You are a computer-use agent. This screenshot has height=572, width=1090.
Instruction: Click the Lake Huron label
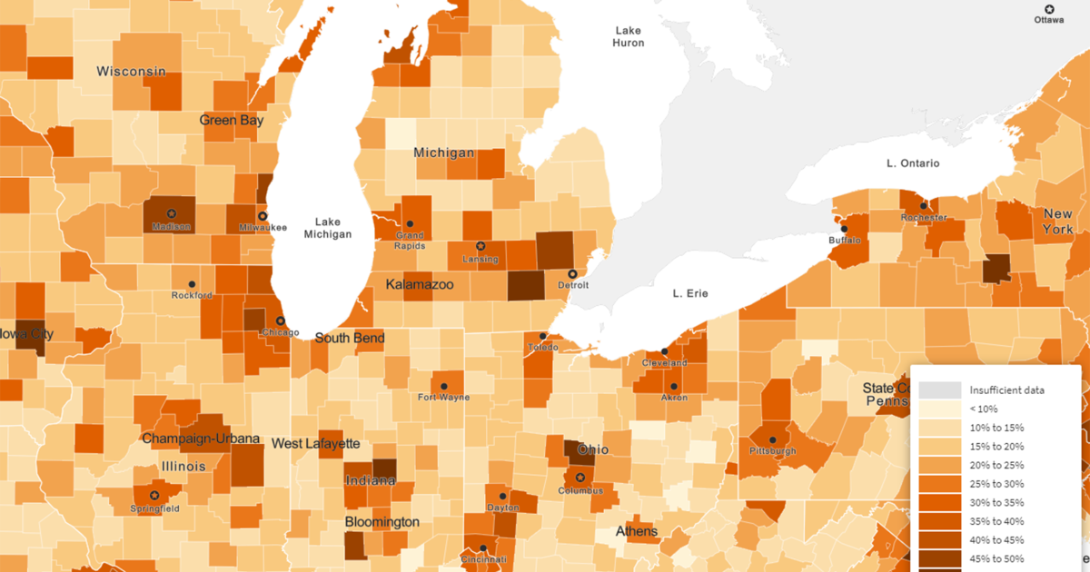tap(628, 36)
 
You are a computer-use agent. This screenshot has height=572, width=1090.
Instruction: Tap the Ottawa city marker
tap(1049, 8)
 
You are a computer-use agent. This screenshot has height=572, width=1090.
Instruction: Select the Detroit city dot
tap(572, 273)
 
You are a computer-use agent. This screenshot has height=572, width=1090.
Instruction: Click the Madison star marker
tap(171, 213)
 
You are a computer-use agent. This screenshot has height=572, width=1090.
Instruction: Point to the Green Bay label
tap(232, 120)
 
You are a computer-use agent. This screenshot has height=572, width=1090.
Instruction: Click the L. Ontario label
tap(913, 163)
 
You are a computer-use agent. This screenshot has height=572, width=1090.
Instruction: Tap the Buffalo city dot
tap(843, 229)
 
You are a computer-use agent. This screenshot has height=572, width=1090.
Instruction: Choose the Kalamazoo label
tap(419, 284)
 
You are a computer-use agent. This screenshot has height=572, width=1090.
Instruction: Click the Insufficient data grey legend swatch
tap(938, 390)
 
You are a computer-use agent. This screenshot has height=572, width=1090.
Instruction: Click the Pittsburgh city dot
tap(772, 439)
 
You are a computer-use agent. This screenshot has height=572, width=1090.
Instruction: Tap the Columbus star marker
tap(580, 478)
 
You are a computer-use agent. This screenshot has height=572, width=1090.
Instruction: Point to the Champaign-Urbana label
tap(201, 439)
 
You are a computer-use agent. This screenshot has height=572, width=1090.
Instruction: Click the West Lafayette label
tap(316, 443)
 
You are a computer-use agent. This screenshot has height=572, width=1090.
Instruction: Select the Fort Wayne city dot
tap(444, 386)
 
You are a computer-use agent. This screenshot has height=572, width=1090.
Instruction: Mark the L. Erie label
tap(689, 293)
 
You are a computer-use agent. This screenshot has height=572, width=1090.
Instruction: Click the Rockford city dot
tap(191, 284)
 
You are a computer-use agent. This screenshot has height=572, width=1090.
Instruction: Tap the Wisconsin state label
tap(132, 71)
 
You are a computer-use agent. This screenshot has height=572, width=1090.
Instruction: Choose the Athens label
tap(637, 530)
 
